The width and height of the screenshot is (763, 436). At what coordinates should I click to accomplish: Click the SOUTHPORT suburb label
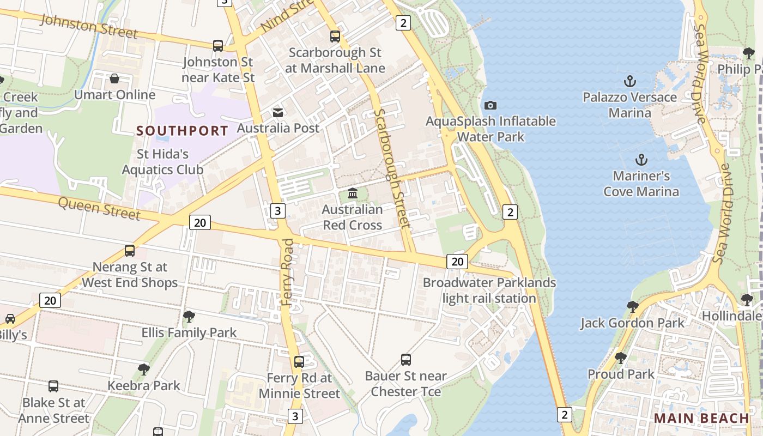(182, 131)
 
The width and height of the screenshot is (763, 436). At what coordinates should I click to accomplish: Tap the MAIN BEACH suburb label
(701, 418)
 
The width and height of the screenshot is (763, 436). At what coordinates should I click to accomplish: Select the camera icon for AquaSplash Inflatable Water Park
(491, 105)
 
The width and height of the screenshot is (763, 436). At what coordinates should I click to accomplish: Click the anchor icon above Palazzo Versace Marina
(630, 82)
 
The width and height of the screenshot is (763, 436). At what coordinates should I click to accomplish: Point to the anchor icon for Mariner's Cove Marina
(641, 160)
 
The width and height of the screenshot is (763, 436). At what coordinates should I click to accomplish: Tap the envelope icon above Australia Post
(278, 112)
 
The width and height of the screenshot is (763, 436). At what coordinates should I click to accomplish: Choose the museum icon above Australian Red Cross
(353, 193)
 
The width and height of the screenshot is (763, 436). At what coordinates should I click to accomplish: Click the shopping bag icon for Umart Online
(114, 79)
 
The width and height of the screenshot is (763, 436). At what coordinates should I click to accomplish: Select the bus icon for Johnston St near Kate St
(218, 46)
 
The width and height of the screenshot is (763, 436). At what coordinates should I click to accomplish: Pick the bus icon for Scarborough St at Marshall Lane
(335, 37)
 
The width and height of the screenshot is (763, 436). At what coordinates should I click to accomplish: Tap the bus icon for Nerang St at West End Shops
(130, 251)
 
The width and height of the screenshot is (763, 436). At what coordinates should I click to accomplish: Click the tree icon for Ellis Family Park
(189, 316)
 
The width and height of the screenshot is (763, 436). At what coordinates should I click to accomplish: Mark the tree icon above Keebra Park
(144, 370)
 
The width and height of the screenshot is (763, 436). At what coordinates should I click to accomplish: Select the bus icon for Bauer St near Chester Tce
(406, 360)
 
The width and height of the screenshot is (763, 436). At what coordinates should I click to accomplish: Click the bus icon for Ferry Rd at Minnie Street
(299, 361)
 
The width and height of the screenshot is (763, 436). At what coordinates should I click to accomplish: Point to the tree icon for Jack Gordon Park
(632, 307)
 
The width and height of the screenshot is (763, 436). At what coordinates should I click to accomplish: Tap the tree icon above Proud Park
(621, 358)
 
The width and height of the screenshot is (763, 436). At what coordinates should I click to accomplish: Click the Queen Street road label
(99, 208)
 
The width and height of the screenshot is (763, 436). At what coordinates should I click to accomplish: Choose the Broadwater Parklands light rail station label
(489, 290)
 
